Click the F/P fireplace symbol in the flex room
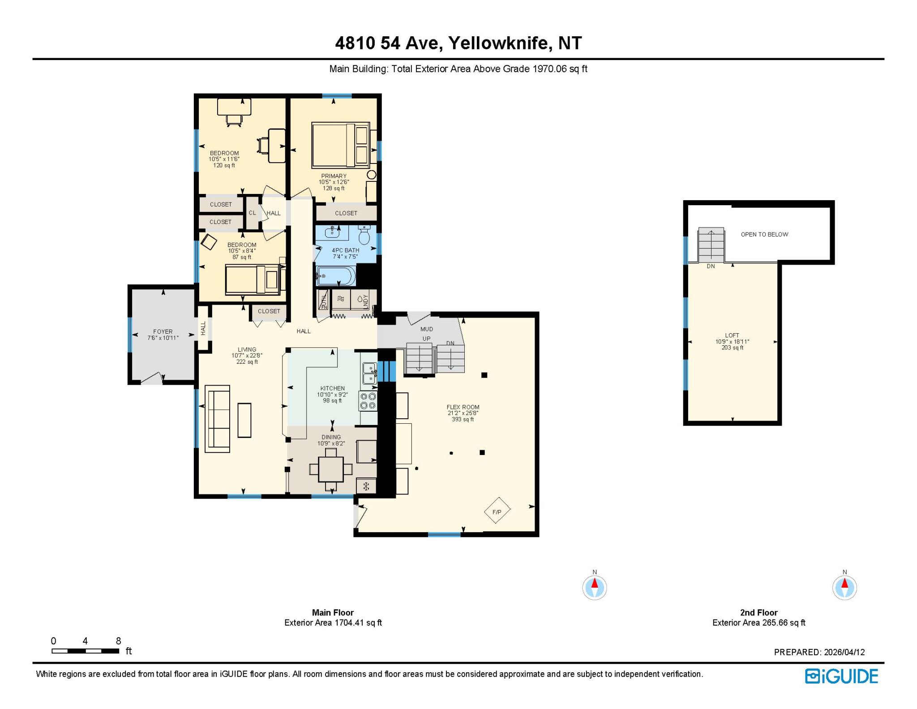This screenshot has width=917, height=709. click(x=497, y=510)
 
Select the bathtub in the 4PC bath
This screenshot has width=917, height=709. click(x=336, y=276)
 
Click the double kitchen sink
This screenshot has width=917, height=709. click(x=369, y=373)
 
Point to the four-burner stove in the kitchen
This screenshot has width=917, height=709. click(x=368, y=401)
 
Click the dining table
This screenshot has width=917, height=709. click(x=331, y=469)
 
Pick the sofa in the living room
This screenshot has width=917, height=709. click(x=218, y=418)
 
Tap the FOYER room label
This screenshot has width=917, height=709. click(x=163, y=332)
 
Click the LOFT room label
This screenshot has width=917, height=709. click(x=732, y=335)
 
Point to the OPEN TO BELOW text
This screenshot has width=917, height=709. click(x=764, y=234)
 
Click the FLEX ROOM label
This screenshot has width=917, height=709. click(x=463, y=407)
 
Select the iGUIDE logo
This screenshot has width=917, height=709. click(x=841, y=676)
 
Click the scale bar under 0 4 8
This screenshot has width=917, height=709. click(x=85, y=651)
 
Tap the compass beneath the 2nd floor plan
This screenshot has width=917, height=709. click(x=844, y=587)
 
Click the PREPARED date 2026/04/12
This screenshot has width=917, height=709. click(x=842, y=652)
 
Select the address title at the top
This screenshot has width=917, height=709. click(x=458, y=43)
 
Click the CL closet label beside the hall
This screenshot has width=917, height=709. click(x=252, y=213)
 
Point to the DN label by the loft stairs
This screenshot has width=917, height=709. click(x=711, y=266)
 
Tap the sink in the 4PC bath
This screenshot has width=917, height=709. click(x=332, y=232)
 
